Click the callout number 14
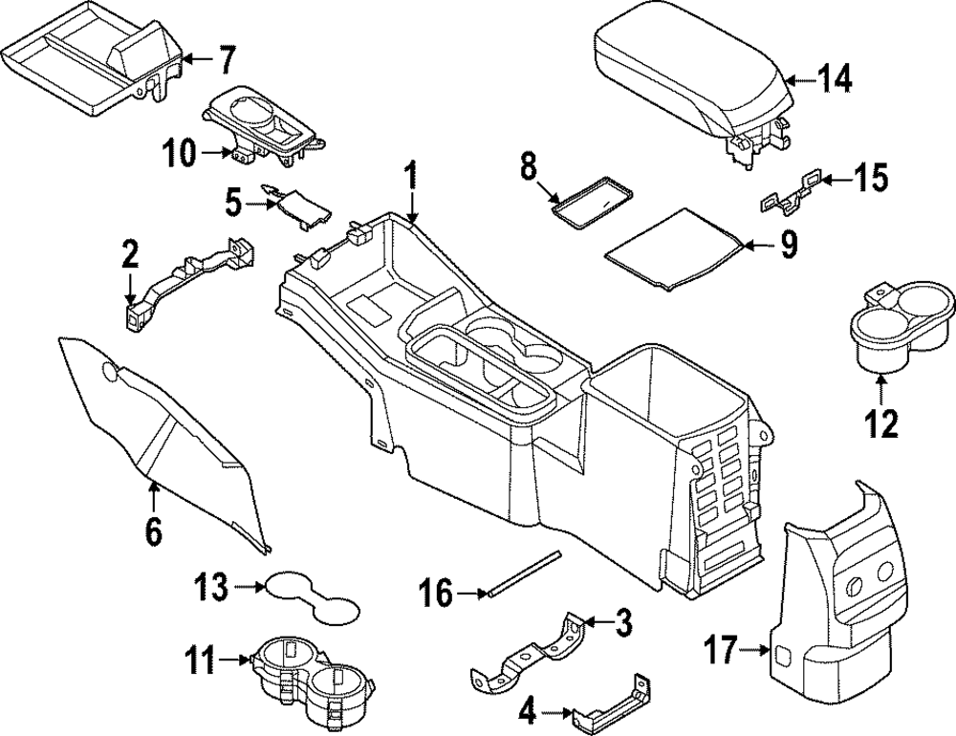pos(834,80)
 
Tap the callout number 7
pos(224,60)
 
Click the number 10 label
pos(179,150)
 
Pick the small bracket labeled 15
pos(790,191)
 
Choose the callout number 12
pos(882,422)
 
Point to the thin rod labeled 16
pos(524,574)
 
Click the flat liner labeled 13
pos(311,595)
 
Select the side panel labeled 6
pos(163,430)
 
